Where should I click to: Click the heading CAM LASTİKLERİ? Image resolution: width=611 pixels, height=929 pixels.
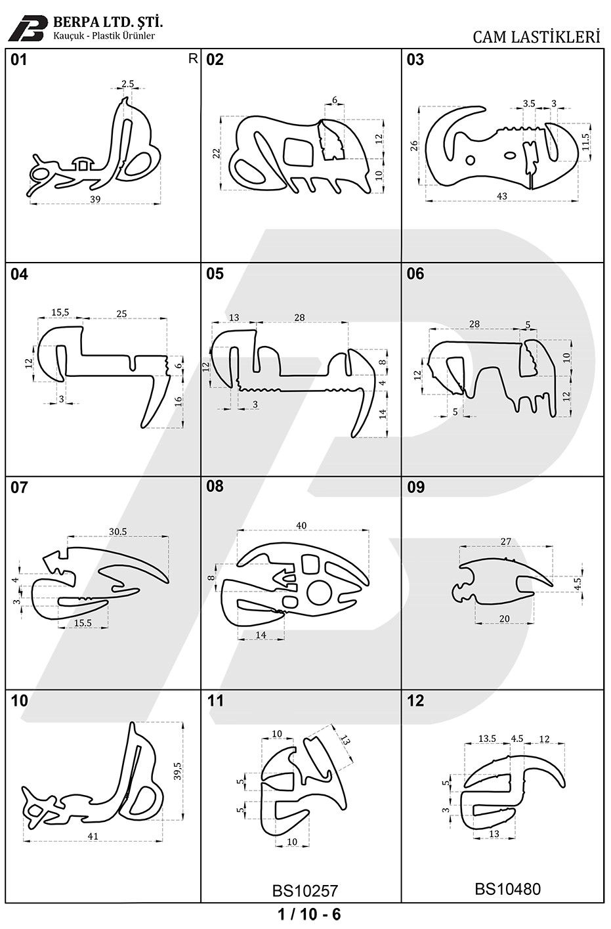536,37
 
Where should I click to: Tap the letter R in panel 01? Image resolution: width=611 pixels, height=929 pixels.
193,59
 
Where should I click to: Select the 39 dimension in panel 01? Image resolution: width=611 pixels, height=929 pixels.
95,199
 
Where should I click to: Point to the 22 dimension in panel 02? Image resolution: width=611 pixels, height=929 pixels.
217,153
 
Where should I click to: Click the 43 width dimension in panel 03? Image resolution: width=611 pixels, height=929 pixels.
502,196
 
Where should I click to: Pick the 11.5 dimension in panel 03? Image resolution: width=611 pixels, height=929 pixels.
585,141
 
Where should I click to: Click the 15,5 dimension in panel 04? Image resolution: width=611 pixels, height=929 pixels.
60,313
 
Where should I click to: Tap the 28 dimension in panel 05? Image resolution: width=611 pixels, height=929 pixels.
299,317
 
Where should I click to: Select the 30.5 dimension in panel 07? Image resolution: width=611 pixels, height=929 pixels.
118,531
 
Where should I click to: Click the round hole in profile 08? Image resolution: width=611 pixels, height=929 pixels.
318,593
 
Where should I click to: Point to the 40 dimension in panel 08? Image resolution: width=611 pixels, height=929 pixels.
301,525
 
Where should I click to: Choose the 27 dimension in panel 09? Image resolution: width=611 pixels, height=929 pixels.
506,541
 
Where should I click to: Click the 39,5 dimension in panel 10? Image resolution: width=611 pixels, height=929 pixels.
178,771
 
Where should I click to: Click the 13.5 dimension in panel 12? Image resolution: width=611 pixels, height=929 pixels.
487,739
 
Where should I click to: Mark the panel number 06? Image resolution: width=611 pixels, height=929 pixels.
415,274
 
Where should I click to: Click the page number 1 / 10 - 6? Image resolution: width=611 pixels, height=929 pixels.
309,914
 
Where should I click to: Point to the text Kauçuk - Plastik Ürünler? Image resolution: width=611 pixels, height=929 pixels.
104,35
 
